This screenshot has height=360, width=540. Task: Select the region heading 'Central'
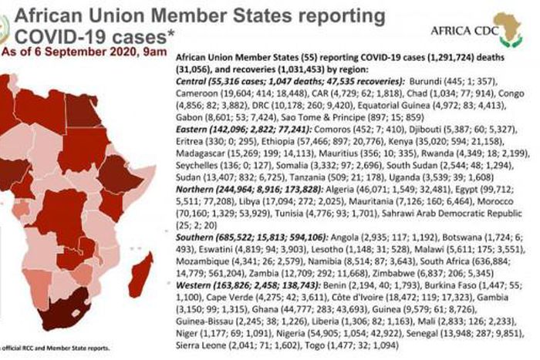(x=196, y=82)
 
